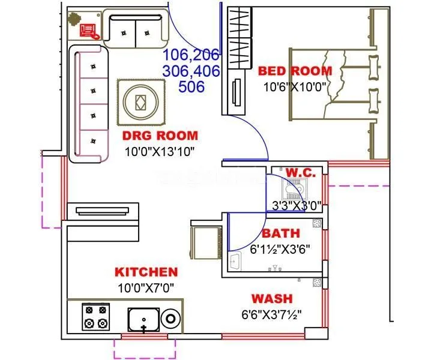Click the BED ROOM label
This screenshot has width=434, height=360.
(x=295, y=71)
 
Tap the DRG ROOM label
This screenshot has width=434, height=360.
(x=160, y=136)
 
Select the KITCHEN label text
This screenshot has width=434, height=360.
(x=146, y=272)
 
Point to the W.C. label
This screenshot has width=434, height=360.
(x=300, y=173)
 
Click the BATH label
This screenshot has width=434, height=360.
(x=281, y=233)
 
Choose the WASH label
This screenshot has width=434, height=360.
(x=271, y=298)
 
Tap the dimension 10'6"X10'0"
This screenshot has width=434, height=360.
(x=294, y=86)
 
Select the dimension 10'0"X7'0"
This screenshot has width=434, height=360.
(x=146, y=287)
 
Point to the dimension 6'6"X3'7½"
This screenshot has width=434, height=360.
(x=271, y=313)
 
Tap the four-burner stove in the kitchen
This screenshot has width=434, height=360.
(x=96, y=317)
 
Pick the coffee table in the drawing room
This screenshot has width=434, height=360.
(x=139, y=102)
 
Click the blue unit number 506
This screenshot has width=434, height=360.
(x=191, y=86)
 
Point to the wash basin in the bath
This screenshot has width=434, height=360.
(x=236, y=262)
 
